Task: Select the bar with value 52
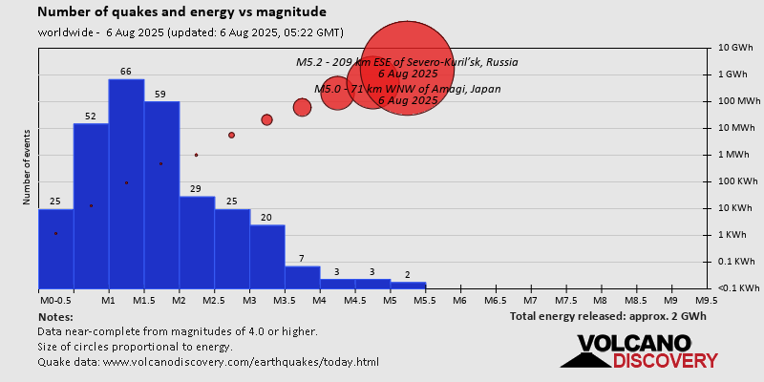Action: (91, 205)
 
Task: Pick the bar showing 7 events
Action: (302, 277)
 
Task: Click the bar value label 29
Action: (196, 189)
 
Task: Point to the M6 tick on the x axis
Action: (460, 300)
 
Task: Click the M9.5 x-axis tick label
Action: (707, 300)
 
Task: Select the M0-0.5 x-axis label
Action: (54, 300)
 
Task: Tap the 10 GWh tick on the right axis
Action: (736, 47)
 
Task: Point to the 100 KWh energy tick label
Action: (736, 180)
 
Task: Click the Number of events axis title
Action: (27, 169)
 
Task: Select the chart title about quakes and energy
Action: (181, 12)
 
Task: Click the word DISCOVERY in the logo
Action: (665, 360)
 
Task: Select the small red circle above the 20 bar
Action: (266, 119)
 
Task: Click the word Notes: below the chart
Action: (55, 316)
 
